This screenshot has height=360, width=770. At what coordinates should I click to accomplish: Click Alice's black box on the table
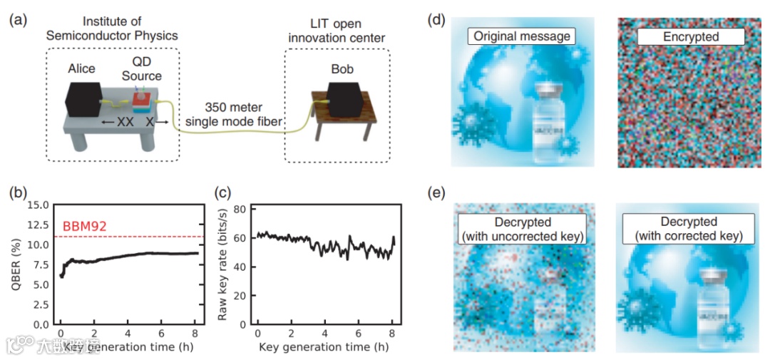click(x=83, y=98)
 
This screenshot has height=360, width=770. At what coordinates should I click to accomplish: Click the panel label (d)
click(x=436, y=19)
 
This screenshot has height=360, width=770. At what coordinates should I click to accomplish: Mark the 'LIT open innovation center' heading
click(x=337, y=31)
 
